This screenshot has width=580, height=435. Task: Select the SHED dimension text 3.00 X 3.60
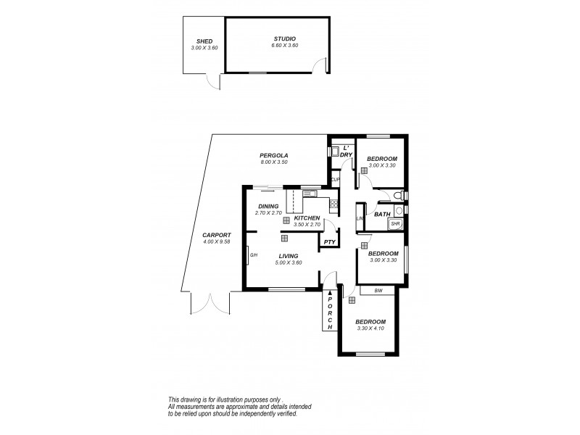[x=204, y=47]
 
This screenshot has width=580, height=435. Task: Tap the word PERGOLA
[x=274, y=155]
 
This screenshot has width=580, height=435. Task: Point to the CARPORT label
[x=217, y=235]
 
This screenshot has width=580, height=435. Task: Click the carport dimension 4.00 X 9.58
[x=217, y=241]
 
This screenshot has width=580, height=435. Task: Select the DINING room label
[x=268, y=206]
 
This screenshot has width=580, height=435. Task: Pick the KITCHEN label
[x=307, y=217]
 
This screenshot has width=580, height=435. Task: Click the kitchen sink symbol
[x=310, y=193]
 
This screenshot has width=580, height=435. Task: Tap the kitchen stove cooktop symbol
[x=333, y=205]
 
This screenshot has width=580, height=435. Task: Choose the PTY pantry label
[x=328, y=242]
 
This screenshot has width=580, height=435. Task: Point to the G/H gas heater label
[x=254, y=255]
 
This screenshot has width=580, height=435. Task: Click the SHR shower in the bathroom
[x=395, y=225]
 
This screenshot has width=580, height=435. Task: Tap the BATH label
[x=381, y=214]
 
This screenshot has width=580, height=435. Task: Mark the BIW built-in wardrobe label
[x=378, y=291]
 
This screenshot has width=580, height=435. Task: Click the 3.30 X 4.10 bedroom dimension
[x=370, y=328]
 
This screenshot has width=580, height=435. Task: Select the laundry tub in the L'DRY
[x=335, y=152]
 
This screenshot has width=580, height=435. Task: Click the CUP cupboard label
[x=335, y=180]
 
